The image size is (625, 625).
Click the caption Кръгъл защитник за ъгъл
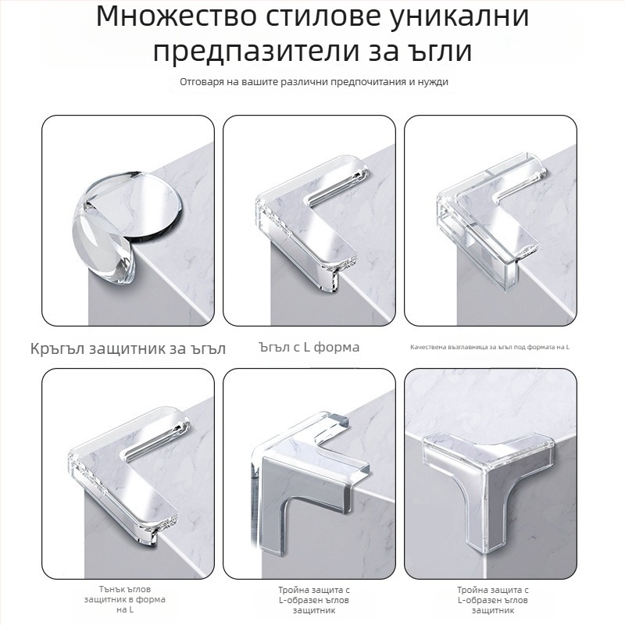(x=128, y=349)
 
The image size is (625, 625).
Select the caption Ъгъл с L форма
(x=309, y=347)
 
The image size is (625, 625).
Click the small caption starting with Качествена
(x=490, y=347)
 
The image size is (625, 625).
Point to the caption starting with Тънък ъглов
(x=125, y=599)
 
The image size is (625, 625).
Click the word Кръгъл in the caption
(x=57, y=349)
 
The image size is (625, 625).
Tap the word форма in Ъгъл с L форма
(x=337, y=348)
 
